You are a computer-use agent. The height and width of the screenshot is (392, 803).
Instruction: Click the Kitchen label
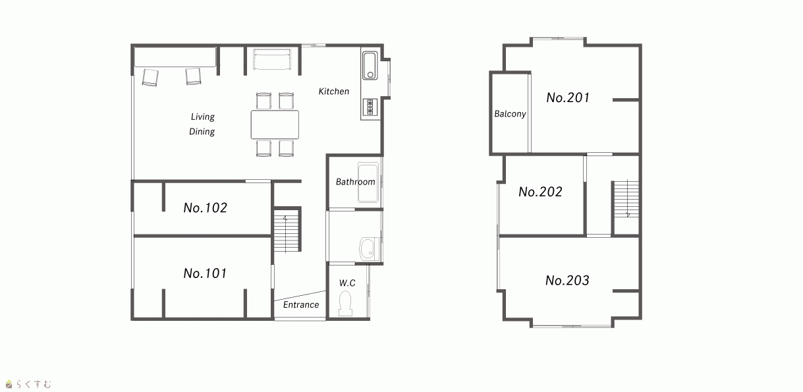point(334,92)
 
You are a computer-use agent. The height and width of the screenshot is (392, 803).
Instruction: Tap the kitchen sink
point(370,65)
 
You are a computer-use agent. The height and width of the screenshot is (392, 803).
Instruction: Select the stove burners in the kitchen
point(370,107)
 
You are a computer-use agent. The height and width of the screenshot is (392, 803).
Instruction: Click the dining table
point(275,125)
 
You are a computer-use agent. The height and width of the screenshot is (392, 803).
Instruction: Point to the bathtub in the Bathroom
point(368,182)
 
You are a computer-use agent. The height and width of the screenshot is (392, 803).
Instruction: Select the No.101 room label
point(205,273)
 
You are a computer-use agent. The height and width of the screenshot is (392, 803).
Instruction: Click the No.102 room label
point(205,208)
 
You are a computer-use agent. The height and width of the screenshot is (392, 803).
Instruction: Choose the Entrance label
point(301,304)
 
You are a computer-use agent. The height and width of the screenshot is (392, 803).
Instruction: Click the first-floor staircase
point(286,230)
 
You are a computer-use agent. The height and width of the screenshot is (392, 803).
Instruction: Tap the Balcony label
point(510,114)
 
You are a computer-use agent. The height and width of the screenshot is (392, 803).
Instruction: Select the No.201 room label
point(568,98)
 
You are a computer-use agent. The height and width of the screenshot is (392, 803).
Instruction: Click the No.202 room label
point(540,192)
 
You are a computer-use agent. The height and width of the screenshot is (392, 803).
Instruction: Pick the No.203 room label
point(567,280)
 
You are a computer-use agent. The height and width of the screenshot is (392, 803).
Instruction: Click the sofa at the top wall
point(272,59)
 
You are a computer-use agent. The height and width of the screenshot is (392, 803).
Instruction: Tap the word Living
point(202,117)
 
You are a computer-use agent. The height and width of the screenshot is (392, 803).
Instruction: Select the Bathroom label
point(355,182)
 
